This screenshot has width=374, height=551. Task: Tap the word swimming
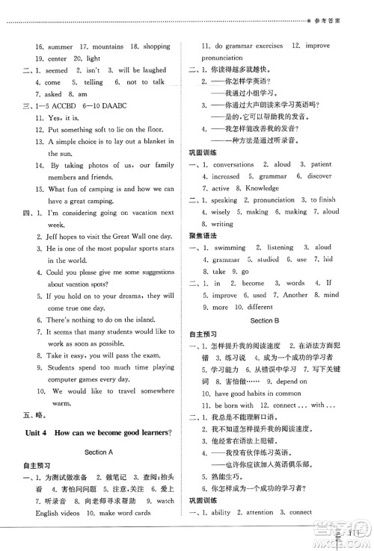(234, 247)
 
